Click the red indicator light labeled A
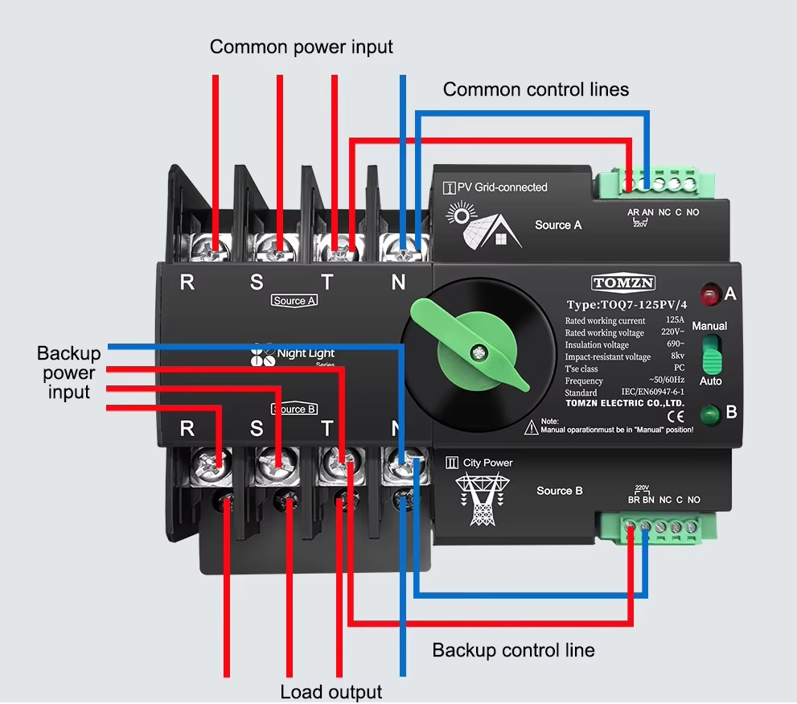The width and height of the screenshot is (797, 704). (709, 294)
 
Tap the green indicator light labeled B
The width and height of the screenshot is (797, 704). (709, 416)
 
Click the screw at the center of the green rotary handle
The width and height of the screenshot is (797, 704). (479, 352)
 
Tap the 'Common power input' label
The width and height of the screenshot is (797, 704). (302, 47)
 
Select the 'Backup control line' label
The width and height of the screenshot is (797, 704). (513, 650)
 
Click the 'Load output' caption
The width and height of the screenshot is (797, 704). (331, 692)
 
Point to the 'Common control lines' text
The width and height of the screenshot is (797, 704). (536, 89)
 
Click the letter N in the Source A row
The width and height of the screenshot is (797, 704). (398, 282)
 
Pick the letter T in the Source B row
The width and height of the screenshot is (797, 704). (327, 428)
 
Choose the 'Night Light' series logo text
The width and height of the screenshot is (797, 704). (306, 353)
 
